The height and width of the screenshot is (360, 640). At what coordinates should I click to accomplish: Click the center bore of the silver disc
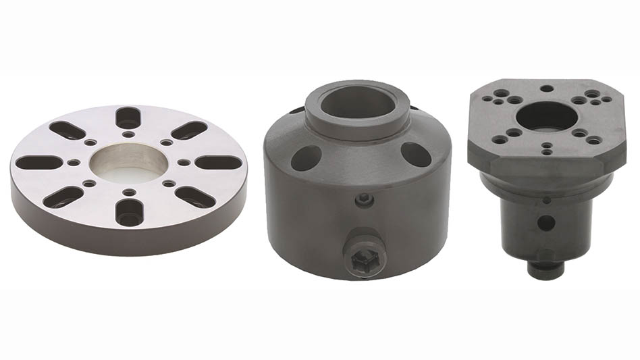[128, 163]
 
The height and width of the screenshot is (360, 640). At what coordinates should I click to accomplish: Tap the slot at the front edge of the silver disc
[128, 212]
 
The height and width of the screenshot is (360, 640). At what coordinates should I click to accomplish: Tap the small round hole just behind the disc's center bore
[128, 134]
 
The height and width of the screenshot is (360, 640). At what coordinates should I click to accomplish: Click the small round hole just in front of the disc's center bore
[128, 190]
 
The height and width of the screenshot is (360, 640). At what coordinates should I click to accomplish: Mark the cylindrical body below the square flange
[520, 223]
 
